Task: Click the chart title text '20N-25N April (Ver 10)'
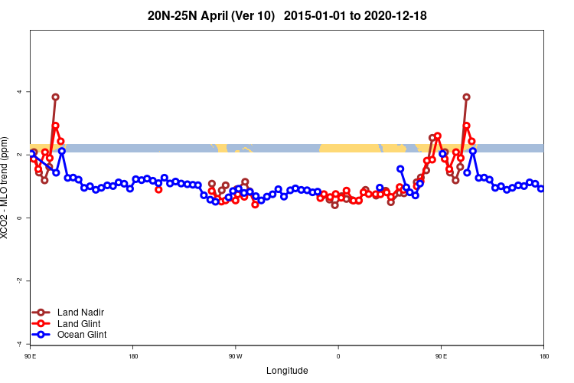pos(211,15)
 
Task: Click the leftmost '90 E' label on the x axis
pos(31,356)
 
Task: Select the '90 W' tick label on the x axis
pos(235,356)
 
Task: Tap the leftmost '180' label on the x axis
pos(133,356)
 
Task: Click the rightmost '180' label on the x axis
pos(543,356)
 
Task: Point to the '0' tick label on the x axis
pos(338,356)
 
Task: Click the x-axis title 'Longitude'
pos(287,371)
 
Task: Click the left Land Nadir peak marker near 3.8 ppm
pos(55,97)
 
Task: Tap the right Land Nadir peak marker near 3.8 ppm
pos(466,97)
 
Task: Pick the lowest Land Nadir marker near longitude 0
pos(334,205)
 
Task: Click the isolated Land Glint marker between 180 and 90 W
pos(158,189)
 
